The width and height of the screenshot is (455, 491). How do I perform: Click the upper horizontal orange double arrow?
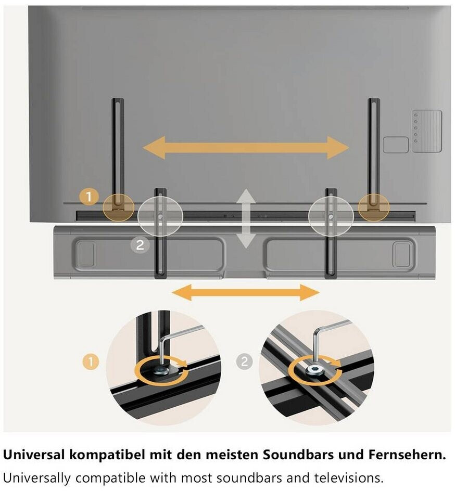coord(246,148)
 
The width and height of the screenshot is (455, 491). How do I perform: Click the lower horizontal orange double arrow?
coord(245,293)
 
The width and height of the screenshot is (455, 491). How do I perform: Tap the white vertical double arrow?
coord(246,218)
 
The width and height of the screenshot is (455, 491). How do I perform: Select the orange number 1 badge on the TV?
coord(90,197)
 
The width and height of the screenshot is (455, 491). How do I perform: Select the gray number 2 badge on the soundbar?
coord(140,245)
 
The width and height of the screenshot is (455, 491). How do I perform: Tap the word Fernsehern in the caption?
coord(412,455)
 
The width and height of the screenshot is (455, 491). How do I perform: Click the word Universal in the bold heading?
coord(34,455)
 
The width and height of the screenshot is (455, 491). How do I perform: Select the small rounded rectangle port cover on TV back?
coord(396,145)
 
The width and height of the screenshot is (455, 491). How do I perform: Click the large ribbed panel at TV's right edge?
coord(426,131)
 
